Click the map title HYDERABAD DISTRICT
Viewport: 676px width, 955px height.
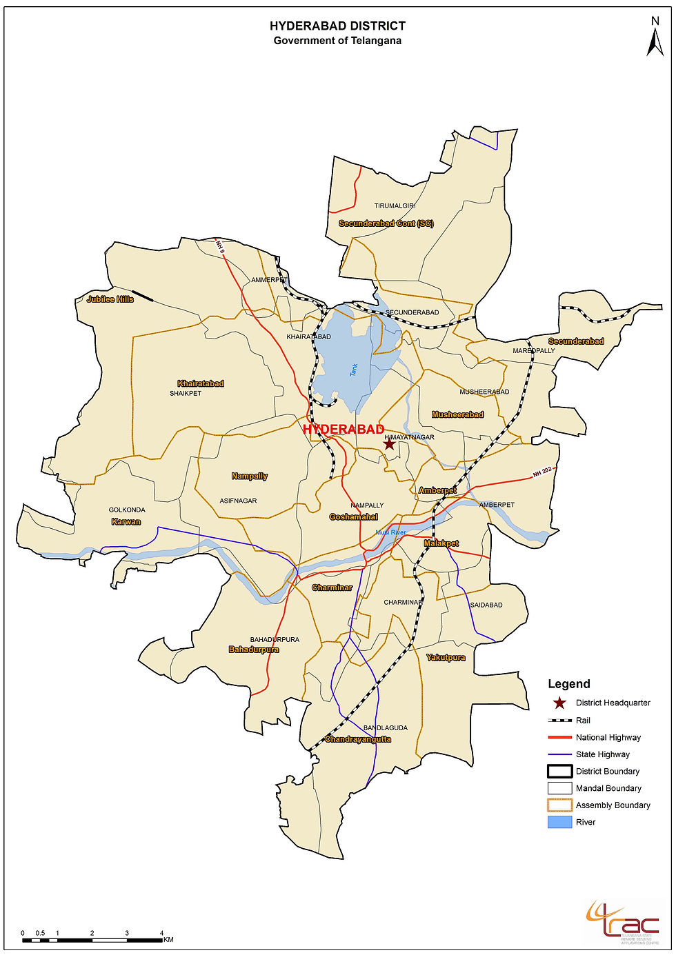pyautogui.click(x=337, y=26)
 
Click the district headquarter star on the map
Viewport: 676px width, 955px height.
pyautogui.click(x=389, y=444)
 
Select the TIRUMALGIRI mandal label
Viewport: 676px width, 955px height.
pyautogui.click(x=395, y=206)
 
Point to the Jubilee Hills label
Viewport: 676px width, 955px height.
pyautogui.click(x=110, y=299)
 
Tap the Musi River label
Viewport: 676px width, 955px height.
pyautogui.click(x=390, y=532)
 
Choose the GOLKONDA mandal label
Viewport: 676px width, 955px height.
pyautogui.click(x=127, y=510)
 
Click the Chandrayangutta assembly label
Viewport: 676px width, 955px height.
pyautogui.click(x=357, y=739)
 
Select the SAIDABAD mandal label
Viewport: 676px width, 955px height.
pyautogui.click(x=486, y=605)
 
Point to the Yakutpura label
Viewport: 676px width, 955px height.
pyautogui.click(x=446, y=658)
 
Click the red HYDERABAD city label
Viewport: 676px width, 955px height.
pyautogui.click(x=343, y=430)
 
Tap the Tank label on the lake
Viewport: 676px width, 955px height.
pyautogui.click(x=354, y=370)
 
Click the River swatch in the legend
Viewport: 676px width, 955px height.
pyautogui.click(x=559, y=822)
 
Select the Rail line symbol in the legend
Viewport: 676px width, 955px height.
pyautogui.click(x=559, y=721)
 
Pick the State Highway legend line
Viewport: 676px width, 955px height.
pyautogui.click(x=559, y=754)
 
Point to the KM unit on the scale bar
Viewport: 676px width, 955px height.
pyautogui.click(x=168, y=940)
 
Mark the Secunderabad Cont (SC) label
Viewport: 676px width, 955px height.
pyautogui.click(x=386, y=223)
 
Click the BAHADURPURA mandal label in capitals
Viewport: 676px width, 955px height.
pyautogui.click(x=275, y=640)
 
